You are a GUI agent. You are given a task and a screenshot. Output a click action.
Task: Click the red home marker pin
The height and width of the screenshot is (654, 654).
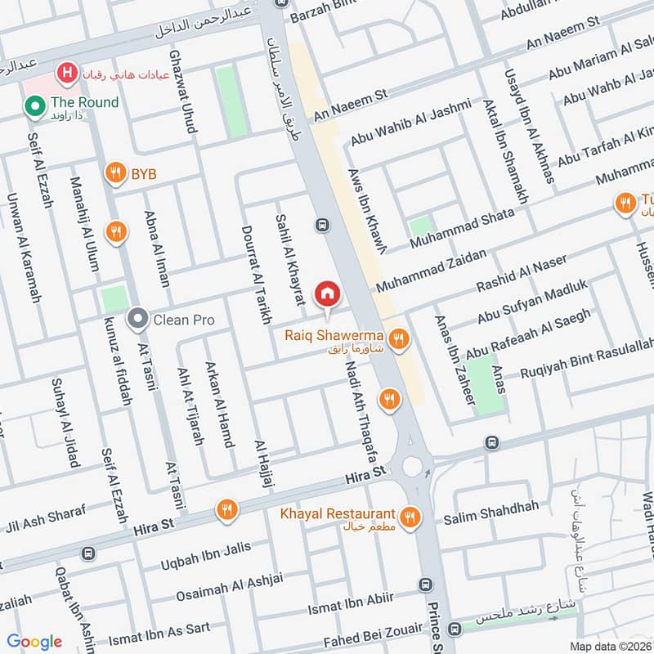[328, 293]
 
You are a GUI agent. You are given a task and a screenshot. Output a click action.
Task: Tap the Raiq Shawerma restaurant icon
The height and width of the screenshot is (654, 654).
[398, 339]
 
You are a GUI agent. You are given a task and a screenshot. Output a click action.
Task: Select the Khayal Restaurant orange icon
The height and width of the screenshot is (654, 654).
[410, 516]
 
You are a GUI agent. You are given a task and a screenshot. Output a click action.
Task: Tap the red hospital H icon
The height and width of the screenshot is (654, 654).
[66, 74]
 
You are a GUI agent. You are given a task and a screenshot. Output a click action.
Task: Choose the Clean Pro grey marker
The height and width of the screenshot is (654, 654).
[138, 319]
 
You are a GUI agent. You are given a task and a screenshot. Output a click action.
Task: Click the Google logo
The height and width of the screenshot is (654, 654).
[34, 642]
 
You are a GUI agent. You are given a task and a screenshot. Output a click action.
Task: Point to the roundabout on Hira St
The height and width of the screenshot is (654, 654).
[412, 467]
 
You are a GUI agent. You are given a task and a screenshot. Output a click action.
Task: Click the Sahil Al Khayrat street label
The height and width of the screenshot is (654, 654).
[291, 255]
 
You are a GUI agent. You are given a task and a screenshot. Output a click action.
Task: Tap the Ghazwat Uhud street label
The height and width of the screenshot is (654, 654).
[181, 91]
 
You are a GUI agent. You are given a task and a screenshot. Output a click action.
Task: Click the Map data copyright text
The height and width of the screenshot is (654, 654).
[608, 646]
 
